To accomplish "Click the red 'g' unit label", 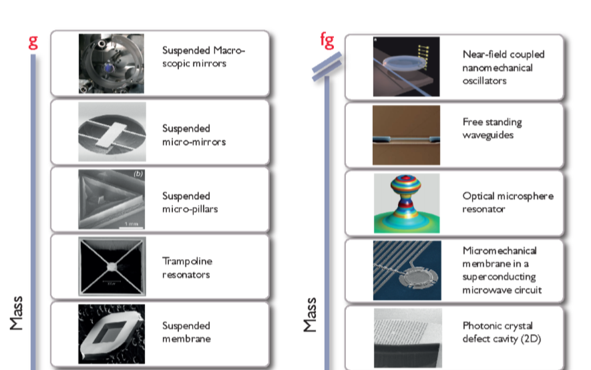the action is point(33,43).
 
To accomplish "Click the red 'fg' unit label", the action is point(327,40).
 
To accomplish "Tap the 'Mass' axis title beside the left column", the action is point(17,313).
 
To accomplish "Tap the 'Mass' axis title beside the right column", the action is point(311,315).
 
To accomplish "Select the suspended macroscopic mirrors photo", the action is point(112,63).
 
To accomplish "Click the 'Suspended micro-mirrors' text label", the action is point(194,135).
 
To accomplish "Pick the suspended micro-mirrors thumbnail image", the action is point(112,132).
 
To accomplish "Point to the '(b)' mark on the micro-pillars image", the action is point(138,174).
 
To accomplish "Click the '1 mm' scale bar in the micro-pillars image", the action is point(132,225).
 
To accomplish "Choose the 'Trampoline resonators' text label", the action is point(188,268).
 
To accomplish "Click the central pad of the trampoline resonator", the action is point(112,266).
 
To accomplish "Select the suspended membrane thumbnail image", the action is point(112,334).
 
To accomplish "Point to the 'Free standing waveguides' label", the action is point(492,128).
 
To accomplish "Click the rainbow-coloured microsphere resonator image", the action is point(406,203).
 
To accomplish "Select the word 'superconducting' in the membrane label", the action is point(499,277).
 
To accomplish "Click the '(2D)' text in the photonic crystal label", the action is point(531,339).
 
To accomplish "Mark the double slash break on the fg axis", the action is point(327,66).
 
